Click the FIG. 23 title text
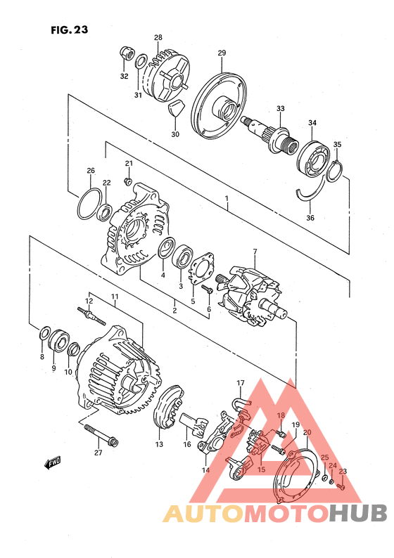pyautogui.click(x=69, y=30)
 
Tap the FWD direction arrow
pyautogui.click(x=53, y=462)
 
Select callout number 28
pyautogui.click(x=158, y=37)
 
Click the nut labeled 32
pyautogui.click(x=127, y=53)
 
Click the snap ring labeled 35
pyautogui.click(x=334, y=171)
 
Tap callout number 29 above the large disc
pyautogui.click(x=222, y=53)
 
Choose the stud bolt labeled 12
pyautogui.click(x=91, y=316)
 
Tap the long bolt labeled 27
pyautogui.click(x=101, y=435)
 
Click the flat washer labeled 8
pyautogui.click(x=44, y=333)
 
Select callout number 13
pyautogui.click(x=159, y=444)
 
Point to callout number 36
pyautogui.click(x=310, y=217)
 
